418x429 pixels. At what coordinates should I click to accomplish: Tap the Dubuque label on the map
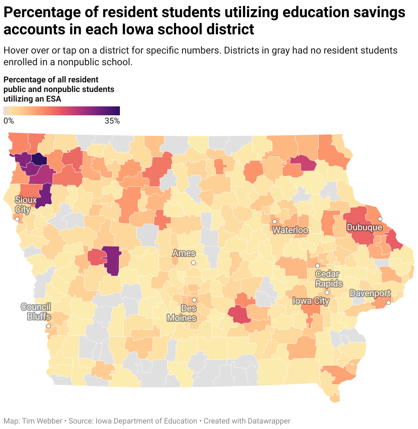364,228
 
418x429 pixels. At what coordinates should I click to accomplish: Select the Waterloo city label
290,230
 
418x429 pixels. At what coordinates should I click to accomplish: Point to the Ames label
184,253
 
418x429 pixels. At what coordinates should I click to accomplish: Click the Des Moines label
182,313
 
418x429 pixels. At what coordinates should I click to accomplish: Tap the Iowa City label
311,301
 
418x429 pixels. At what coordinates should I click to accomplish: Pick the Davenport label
370,293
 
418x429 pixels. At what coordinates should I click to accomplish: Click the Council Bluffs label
36,312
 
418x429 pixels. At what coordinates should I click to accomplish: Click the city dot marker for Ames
193,263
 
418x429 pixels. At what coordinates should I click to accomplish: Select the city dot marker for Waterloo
274,222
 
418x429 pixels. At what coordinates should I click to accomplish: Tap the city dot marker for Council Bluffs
49,326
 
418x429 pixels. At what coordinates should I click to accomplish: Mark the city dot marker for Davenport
388,303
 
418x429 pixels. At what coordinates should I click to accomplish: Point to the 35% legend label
112,121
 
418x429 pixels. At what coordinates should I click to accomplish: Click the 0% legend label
9,121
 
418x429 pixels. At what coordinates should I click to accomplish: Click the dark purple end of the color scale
116,111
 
